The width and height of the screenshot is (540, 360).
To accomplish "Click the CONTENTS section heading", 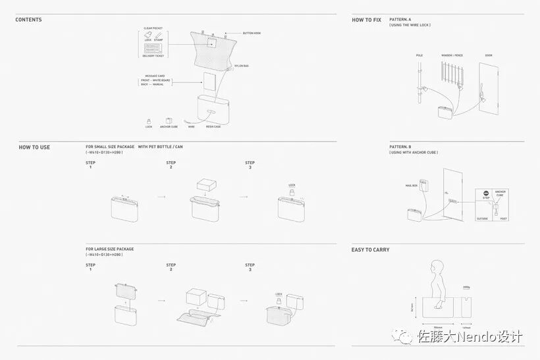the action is click(28, 20).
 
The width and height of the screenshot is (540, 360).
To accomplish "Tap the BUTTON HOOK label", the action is click(252, 33).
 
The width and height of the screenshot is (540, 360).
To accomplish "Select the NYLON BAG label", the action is click(241, 65).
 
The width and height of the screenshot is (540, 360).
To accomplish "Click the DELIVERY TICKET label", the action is click(153, 57).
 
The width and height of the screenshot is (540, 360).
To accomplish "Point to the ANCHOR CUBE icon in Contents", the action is click(169, 120).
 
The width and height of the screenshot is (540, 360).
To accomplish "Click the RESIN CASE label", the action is click(213, 127).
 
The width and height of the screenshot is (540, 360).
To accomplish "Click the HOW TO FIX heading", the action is click(366, 20).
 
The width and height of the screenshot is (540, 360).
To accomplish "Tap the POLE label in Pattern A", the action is click(419, 55).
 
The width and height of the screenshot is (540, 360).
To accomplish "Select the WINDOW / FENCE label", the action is click(452, 55).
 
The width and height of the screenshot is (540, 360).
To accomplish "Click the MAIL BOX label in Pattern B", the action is click(412, 186).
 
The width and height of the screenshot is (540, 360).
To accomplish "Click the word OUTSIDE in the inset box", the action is click(483, 219).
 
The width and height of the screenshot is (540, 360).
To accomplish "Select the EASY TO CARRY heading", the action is click(370, 250).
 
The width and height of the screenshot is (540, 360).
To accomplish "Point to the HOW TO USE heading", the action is click(34, 147).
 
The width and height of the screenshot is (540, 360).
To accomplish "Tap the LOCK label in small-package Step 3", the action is click(292, 186).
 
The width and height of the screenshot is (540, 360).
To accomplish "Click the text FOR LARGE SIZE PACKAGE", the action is click(109, 249).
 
